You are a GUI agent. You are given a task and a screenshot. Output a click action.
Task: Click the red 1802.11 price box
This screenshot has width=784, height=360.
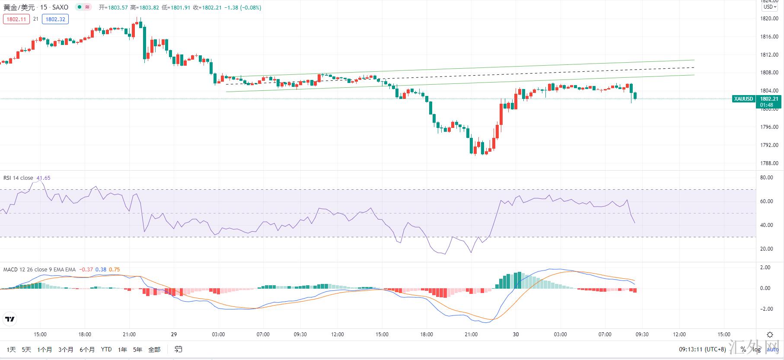(16, 19)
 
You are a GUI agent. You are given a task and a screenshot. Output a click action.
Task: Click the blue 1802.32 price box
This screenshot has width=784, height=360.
(55, 19)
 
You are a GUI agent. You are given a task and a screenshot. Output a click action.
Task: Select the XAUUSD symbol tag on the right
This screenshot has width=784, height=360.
(743, 99)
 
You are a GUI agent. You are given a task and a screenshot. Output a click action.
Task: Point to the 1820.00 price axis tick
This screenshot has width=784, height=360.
(769, 19)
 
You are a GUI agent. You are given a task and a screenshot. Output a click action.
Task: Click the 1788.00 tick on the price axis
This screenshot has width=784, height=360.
(769, 163)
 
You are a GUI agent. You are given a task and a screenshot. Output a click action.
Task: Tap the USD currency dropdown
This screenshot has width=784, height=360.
(770, 7)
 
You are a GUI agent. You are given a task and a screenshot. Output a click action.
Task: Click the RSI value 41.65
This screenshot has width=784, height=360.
(43, 178)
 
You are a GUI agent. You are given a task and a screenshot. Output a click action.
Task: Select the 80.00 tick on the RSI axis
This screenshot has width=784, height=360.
(766, 178)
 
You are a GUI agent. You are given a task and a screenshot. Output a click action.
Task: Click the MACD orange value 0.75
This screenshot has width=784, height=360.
(114, 270)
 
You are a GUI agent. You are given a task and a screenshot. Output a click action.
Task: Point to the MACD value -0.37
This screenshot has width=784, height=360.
(87, 270)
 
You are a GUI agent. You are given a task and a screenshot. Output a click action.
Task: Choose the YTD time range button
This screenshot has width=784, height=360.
(106, 349)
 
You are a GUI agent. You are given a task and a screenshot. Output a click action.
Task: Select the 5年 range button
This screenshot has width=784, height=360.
(137, 349)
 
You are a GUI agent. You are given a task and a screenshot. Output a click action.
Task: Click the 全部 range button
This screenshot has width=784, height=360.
(154, 349)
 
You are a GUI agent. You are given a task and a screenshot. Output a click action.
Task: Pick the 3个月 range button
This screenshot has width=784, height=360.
(66, 349)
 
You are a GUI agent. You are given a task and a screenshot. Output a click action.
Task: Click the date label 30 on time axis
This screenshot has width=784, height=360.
(516, 334)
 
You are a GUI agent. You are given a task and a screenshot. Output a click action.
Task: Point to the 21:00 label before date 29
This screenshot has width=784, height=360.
(129, 334)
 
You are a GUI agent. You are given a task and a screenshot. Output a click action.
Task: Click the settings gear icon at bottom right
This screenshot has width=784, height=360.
(770, 335)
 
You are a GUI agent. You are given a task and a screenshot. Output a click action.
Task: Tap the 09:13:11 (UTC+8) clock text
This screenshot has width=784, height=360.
(702, 349)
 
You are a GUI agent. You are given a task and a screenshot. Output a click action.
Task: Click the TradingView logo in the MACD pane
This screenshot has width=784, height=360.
(10, 319)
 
